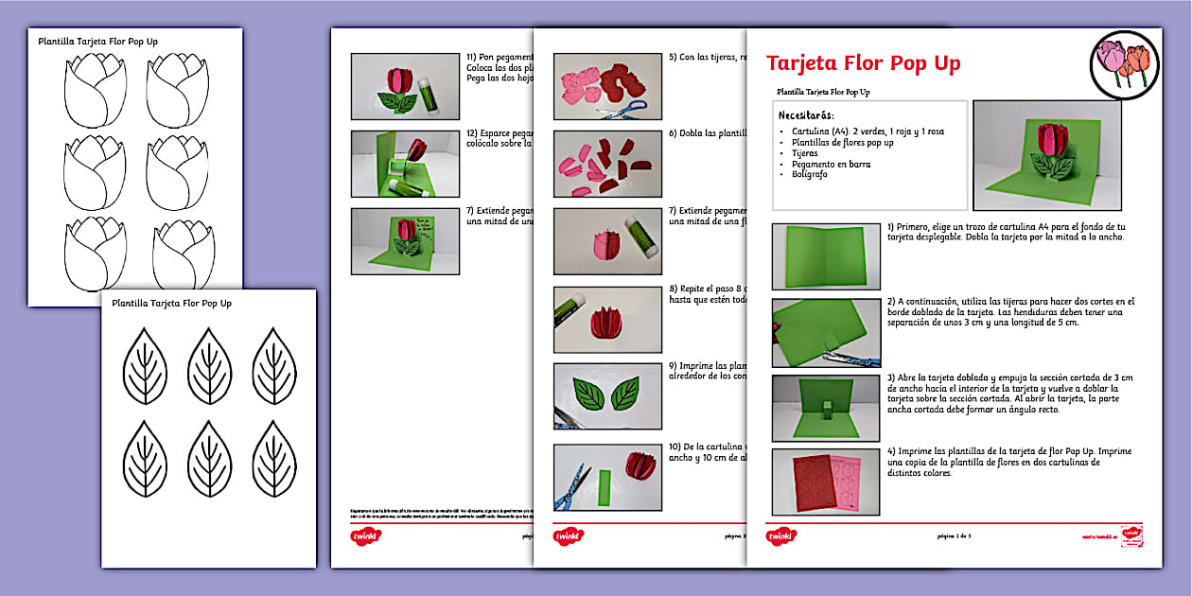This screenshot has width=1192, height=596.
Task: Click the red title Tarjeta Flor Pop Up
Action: (x=863, y=63)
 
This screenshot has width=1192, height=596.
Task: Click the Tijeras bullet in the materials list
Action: (x=806, y=153)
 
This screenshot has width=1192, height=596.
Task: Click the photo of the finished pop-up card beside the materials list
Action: (x=1046, y=155)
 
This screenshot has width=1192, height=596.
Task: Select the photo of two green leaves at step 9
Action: (x=606, y=395)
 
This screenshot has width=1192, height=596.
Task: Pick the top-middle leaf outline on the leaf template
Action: (x=209, y=365)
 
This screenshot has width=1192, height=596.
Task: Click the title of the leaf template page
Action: (x=171, y=304)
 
